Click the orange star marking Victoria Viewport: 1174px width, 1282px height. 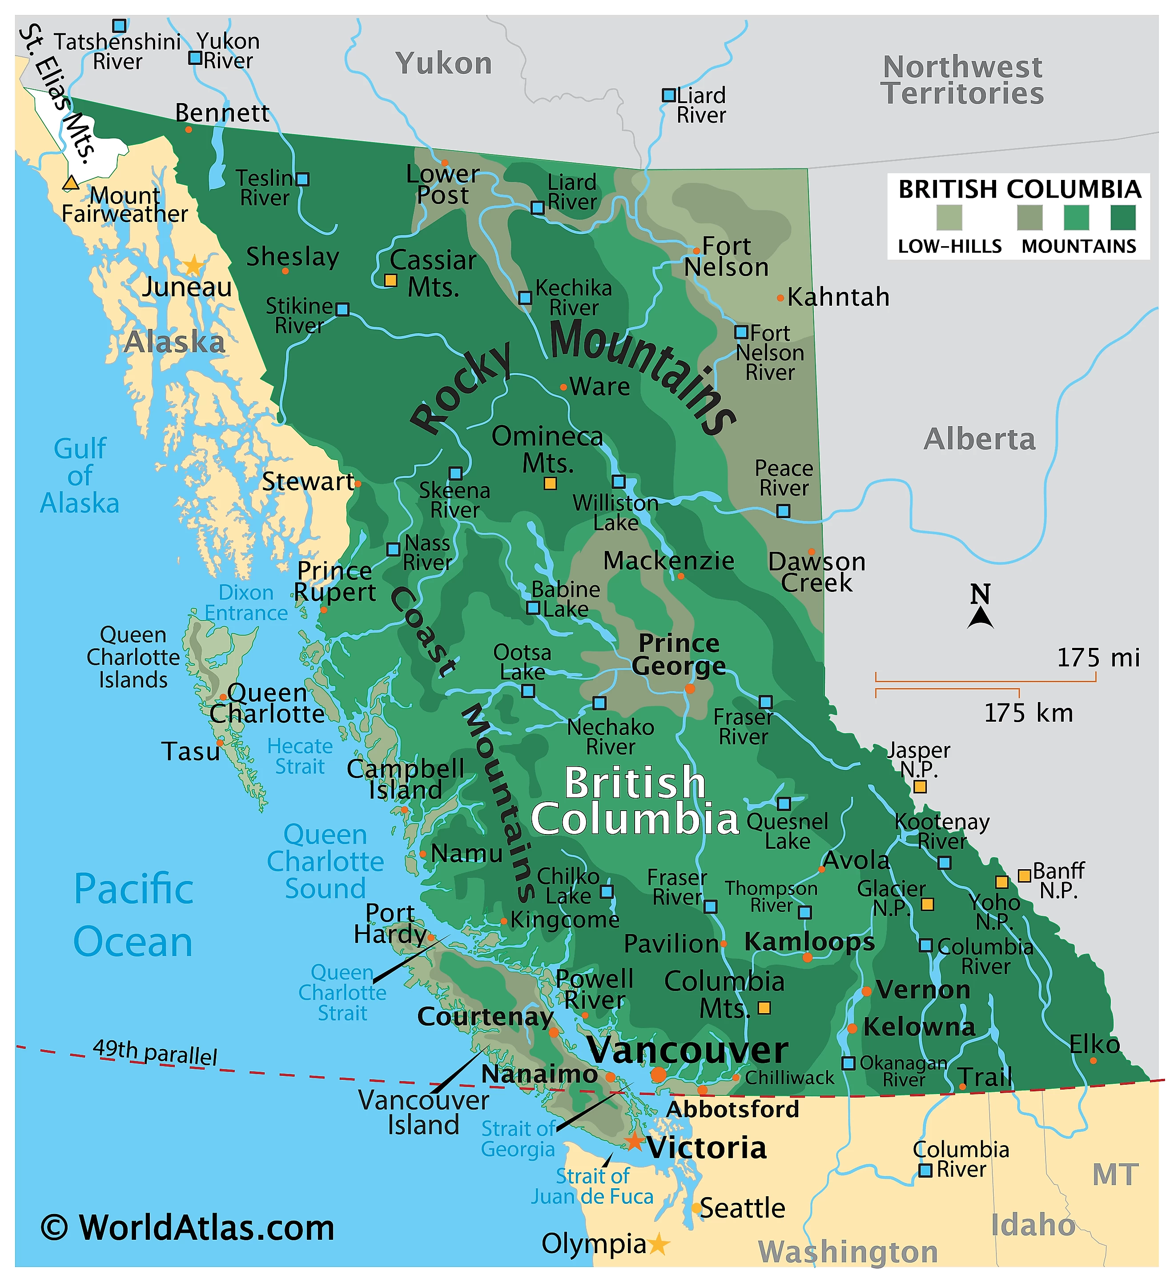tap(635, 1142)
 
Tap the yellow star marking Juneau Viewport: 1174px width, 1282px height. tap(193, 265)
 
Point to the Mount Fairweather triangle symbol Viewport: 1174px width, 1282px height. tap(71, 183)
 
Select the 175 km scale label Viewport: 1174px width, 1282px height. tap(1028, 713)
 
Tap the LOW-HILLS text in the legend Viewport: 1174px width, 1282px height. tap(949, 247)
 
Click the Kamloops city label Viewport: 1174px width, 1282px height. tap(809, 942)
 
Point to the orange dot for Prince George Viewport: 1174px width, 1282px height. tap(690, 689)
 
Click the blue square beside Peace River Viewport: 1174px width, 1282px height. tap(783, 511)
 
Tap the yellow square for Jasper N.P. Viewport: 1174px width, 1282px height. tap(920, 787)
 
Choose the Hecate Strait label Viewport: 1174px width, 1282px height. tap(300, 756)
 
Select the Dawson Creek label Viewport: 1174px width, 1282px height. tap(816, 572)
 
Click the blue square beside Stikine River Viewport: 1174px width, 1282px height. tap(342, 309)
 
